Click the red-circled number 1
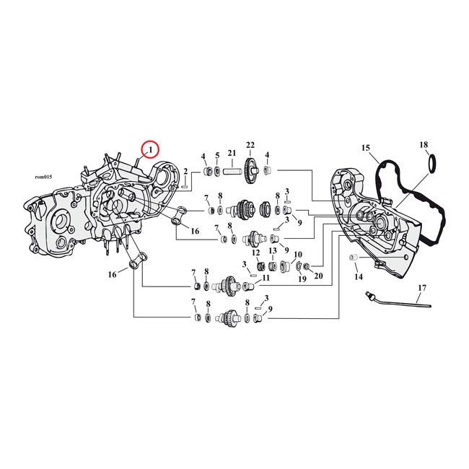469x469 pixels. point(150,149)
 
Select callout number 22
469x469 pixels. point(250,144)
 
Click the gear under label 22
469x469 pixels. point(251,170)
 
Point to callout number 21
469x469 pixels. point(232,153)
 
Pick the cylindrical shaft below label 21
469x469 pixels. point(232,172)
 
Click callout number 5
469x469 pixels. point(217,155)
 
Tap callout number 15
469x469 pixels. point(366,148)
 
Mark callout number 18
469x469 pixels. point(424,145)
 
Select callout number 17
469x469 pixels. point(421,289)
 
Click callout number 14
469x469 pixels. point(359,276)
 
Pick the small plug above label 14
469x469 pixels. point(354,258)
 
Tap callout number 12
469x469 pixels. point(255,252)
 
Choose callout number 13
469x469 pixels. point(273,250)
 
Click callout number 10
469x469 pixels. point(297,254)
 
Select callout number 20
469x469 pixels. point(317,277)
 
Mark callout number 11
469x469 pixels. point(266,278)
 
